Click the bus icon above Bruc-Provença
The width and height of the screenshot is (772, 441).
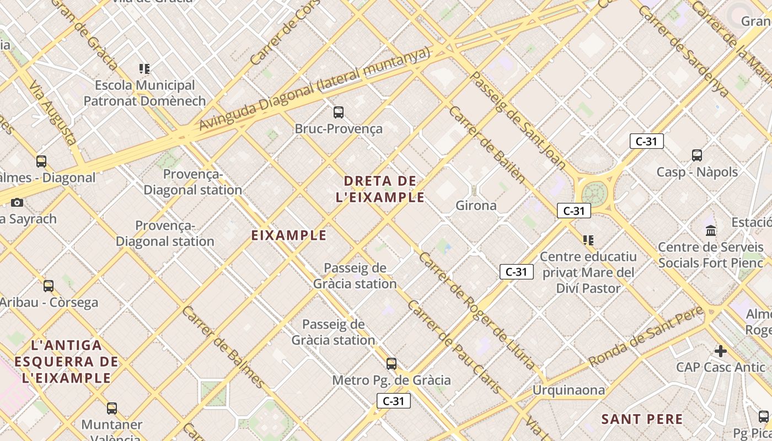click(339, 112)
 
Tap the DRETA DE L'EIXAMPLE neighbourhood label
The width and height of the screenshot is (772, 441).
click(380, 189)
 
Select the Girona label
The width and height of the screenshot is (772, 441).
click(476, 206)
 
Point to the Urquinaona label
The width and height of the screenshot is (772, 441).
click(568, 390)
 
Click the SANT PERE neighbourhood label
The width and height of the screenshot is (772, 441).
click(642, 419)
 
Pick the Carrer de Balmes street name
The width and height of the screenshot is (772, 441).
click(223, 346)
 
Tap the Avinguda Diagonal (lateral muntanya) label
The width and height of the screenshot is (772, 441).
click(314, 89)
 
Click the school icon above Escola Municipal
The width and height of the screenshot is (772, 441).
click(144, 69)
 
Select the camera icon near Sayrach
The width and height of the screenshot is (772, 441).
click(17, 202)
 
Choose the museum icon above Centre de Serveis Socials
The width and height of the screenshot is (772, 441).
click(711, 230)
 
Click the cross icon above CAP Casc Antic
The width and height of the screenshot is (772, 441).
click(720, 351)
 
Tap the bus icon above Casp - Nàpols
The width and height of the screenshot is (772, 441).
click(697, 155)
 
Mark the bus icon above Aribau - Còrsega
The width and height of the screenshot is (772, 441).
click(49, 286)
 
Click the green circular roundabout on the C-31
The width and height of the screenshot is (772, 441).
click(594, 193)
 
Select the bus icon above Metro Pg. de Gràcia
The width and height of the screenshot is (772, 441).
click(392, 363)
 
